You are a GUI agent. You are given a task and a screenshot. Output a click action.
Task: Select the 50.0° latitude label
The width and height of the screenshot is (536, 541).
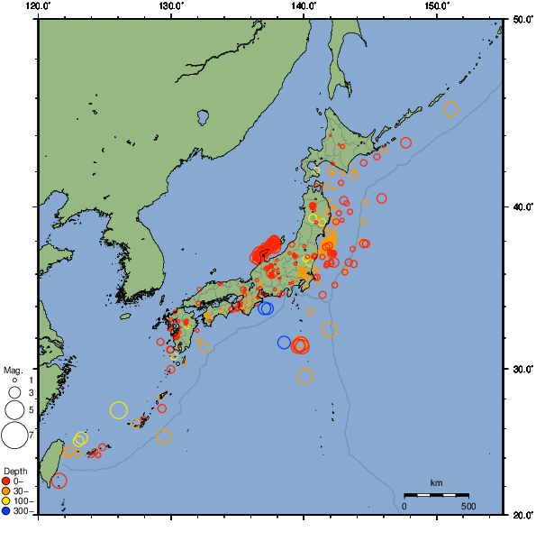tap(521, 19)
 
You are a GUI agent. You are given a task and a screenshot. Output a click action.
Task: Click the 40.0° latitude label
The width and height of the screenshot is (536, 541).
tap(521, 207)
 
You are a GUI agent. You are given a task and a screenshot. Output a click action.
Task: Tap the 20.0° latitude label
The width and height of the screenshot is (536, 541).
tap(521, 515)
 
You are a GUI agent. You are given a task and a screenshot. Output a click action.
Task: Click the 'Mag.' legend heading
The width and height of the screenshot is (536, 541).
tap(13, 370)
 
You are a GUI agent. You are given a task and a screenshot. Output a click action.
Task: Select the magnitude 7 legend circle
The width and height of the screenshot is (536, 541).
tap(14, 436)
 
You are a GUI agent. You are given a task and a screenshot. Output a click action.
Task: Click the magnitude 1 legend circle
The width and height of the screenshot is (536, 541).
tap(14, 381)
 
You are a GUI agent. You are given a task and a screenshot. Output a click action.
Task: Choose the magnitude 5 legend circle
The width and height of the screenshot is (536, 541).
tap(14, 410)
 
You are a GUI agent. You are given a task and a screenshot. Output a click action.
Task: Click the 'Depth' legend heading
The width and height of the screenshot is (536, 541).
tap(14, 471)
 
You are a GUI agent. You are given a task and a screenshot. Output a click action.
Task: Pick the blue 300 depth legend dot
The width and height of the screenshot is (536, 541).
tap(6, 511)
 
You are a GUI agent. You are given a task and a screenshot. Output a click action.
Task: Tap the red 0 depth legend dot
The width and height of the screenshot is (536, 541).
tap(6, 481)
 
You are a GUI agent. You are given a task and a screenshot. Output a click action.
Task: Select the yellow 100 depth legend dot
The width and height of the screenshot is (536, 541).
tap(6, 501)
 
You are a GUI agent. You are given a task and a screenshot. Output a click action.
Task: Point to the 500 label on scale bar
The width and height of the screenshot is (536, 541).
tap(468, 506)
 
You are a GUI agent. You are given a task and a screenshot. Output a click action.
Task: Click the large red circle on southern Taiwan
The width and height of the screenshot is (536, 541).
tap(59, 481)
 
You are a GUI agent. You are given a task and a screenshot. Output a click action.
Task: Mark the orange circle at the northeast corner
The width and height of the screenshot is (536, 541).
tap(450, 109)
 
